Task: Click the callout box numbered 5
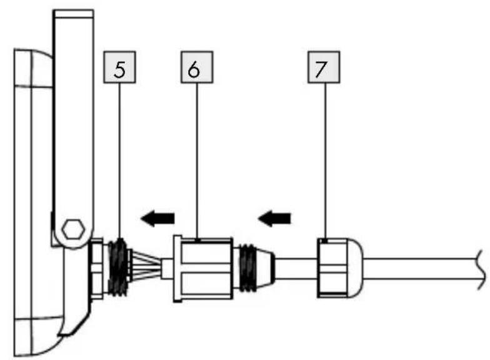119,67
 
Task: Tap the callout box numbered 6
197,67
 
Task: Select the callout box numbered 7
324,67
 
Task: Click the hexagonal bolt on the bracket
73,229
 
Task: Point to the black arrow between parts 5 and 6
157,217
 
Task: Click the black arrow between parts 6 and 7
274,217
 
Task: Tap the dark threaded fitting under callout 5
118,267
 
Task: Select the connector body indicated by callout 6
203,269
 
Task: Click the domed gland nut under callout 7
340,267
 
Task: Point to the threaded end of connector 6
247,267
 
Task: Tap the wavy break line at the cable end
481,269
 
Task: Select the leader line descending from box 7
325,162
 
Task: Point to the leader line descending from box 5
119,161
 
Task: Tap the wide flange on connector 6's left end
177,269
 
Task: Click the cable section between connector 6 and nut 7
296,267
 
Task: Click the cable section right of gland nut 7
420,269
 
